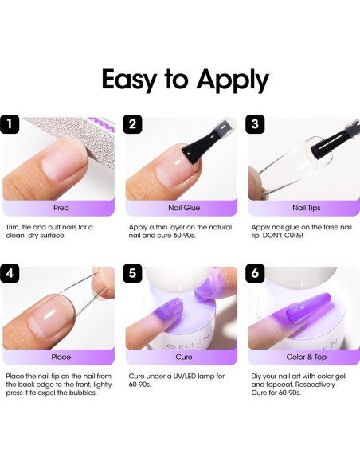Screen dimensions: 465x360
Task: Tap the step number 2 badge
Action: pyautogui.click(x=133, y=125)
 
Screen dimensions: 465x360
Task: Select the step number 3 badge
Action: pyautogui.click(x=256, y=125)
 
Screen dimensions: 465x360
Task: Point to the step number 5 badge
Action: pyautogui.click(x=133, y=273)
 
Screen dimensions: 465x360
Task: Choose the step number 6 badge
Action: pyautogui.click(x=256, y=273)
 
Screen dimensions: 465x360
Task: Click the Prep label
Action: pyautogui.click(x=61, y=209)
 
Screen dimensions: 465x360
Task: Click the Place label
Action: pyautogui.click(x=61, y=357)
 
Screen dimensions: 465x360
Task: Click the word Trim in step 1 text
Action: pyautogui.click(x=14, y=228)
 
